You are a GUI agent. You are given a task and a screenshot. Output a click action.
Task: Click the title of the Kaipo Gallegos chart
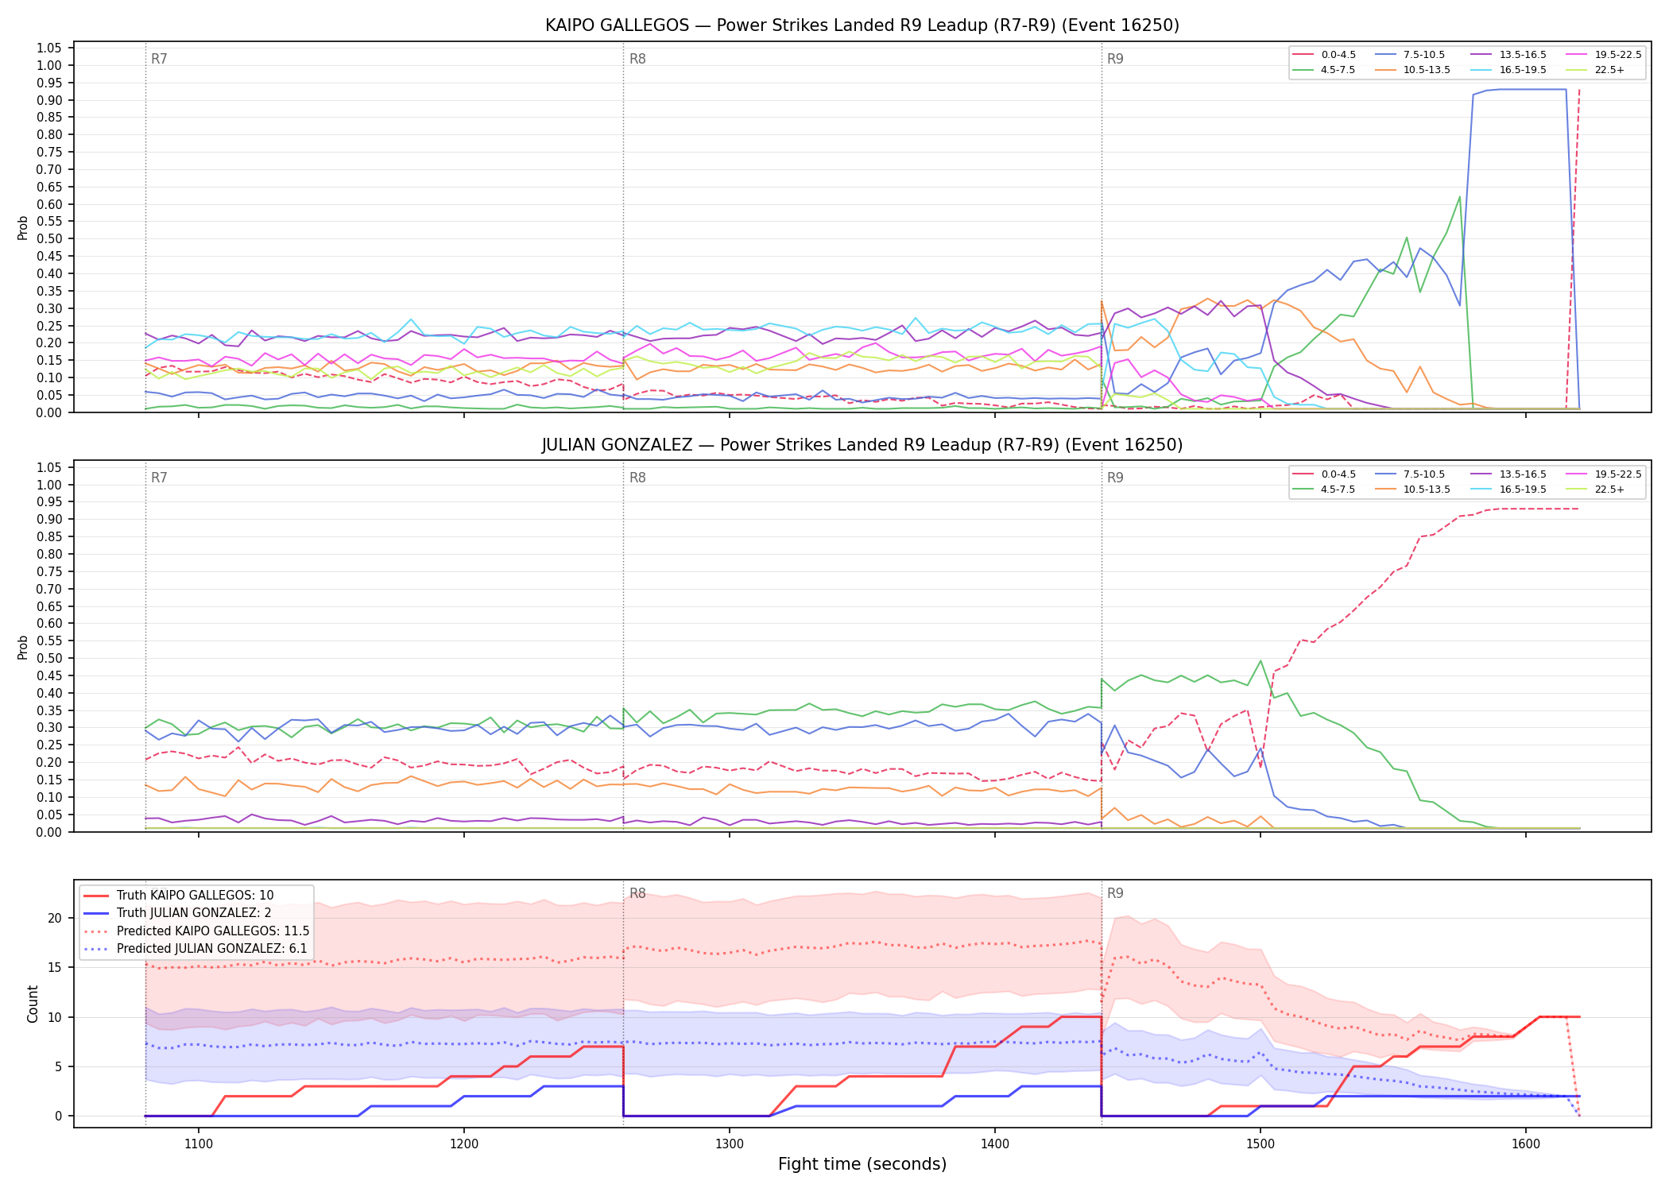coord(862,25)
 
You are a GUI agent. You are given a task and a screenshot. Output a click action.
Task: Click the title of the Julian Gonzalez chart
coord(862,445)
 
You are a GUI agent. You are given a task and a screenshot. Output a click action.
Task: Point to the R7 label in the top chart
coord(159,59)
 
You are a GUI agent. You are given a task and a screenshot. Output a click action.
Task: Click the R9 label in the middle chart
coord(1115,478)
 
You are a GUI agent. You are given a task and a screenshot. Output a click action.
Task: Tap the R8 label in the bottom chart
coord(637,893)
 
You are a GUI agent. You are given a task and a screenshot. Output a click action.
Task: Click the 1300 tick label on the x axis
coord(730,1144)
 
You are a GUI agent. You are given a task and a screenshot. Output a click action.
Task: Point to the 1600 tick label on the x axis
coord(1526,1144)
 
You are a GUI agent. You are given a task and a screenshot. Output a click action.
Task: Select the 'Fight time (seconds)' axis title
coord(862,1164)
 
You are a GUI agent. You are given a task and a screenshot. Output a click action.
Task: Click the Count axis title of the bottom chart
coord(33,1004)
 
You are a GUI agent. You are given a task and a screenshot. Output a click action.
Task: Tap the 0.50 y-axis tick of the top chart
coord(49,238)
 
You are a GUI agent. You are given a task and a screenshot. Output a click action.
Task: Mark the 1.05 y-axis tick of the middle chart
coord(49,467)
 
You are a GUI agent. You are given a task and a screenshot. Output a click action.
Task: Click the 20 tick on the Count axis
coord(55,918)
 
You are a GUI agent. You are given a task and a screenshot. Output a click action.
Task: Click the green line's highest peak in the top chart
coord(1459,196)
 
